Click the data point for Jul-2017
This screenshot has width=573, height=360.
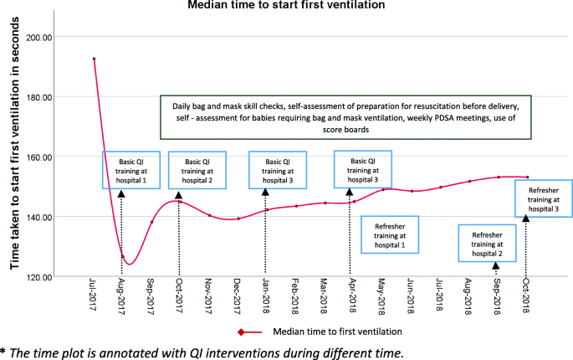(94, 59)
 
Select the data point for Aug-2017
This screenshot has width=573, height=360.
(122, 256)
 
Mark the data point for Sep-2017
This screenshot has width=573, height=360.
(151, 222)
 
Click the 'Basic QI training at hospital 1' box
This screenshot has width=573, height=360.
(130, 170)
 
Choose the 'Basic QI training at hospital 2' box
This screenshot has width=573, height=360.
(197, 170)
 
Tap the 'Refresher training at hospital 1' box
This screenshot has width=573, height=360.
(390, 234)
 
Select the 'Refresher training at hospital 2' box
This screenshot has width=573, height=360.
(487, 243)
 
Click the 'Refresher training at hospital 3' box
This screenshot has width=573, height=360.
(544, 201)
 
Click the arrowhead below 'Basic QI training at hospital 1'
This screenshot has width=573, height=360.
(122, 194)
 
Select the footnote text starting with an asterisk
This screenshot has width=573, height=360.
(201, 352)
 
